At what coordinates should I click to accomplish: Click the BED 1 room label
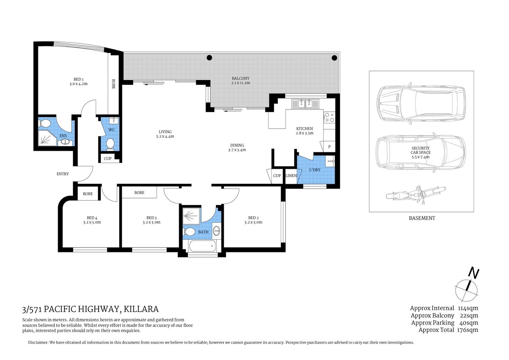click(78, 79)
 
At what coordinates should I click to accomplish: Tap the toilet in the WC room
click(110, 144)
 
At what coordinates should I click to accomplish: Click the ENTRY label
click(63, 174)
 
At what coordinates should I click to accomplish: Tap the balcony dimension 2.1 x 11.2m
click(240, 83)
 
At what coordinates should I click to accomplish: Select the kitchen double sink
click(306, 103)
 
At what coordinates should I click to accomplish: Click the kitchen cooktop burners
click(329, 117)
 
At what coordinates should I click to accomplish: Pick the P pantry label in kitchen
click(329, 147)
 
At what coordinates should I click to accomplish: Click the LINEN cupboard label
click(291, 176)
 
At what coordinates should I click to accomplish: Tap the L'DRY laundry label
click(314, 170)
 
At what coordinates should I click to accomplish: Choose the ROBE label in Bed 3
click(139, 193)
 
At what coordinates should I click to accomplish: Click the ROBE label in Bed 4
click(88, 194)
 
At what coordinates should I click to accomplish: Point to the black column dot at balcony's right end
click(334, 58)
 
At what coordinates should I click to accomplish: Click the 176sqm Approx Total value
click(467, 330)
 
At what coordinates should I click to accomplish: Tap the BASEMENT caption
click(422, 218)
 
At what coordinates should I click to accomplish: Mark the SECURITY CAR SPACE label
click(421, 150)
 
